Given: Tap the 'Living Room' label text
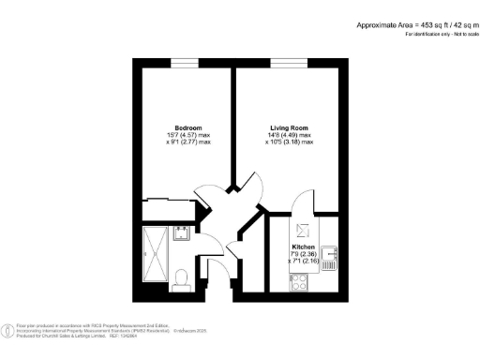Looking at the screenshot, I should point(288,127).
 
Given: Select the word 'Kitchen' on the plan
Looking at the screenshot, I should point(303,247).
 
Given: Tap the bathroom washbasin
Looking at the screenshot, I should point(184,232).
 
